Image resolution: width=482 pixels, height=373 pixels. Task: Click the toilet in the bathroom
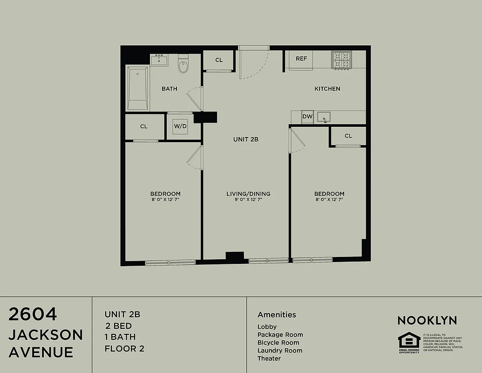tap(183, 65)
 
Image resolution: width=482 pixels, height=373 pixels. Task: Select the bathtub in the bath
tap(137, 88)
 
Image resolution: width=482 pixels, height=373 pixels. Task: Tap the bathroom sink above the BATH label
tap(159, 59)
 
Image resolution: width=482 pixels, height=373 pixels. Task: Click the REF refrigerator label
tap(301, 59)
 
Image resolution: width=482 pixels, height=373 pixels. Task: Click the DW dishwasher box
tap(307, 117)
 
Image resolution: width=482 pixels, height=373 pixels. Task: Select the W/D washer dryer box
tap(180, 126)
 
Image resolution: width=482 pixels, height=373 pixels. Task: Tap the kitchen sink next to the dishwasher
tap(324, 117)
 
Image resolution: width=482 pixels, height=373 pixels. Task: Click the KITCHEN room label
tap(327, 89)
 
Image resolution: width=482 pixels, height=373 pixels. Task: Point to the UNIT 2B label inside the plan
tap(245, 139)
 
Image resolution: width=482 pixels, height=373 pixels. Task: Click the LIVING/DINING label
tap(248, 194)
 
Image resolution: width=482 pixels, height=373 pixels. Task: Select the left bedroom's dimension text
tap(165, 200)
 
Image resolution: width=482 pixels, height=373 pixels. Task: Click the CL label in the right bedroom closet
tap(348, 136)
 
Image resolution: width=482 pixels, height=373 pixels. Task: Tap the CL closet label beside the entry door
tap(219, 60)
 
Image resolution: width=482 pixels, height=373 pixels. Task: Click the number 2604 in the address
tap(33, 315)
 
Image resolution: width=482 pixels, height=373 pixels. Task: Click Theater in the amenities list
tap(269, 359)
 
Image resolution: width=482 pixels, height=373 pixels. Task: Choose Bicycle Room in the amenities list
tap(278, 343)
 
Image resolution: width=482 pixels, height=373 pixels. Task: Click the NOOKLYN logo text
tap(427, 320)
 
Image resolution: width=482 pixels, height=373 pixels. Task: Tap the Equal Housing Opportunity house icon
tap(408, 340)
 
